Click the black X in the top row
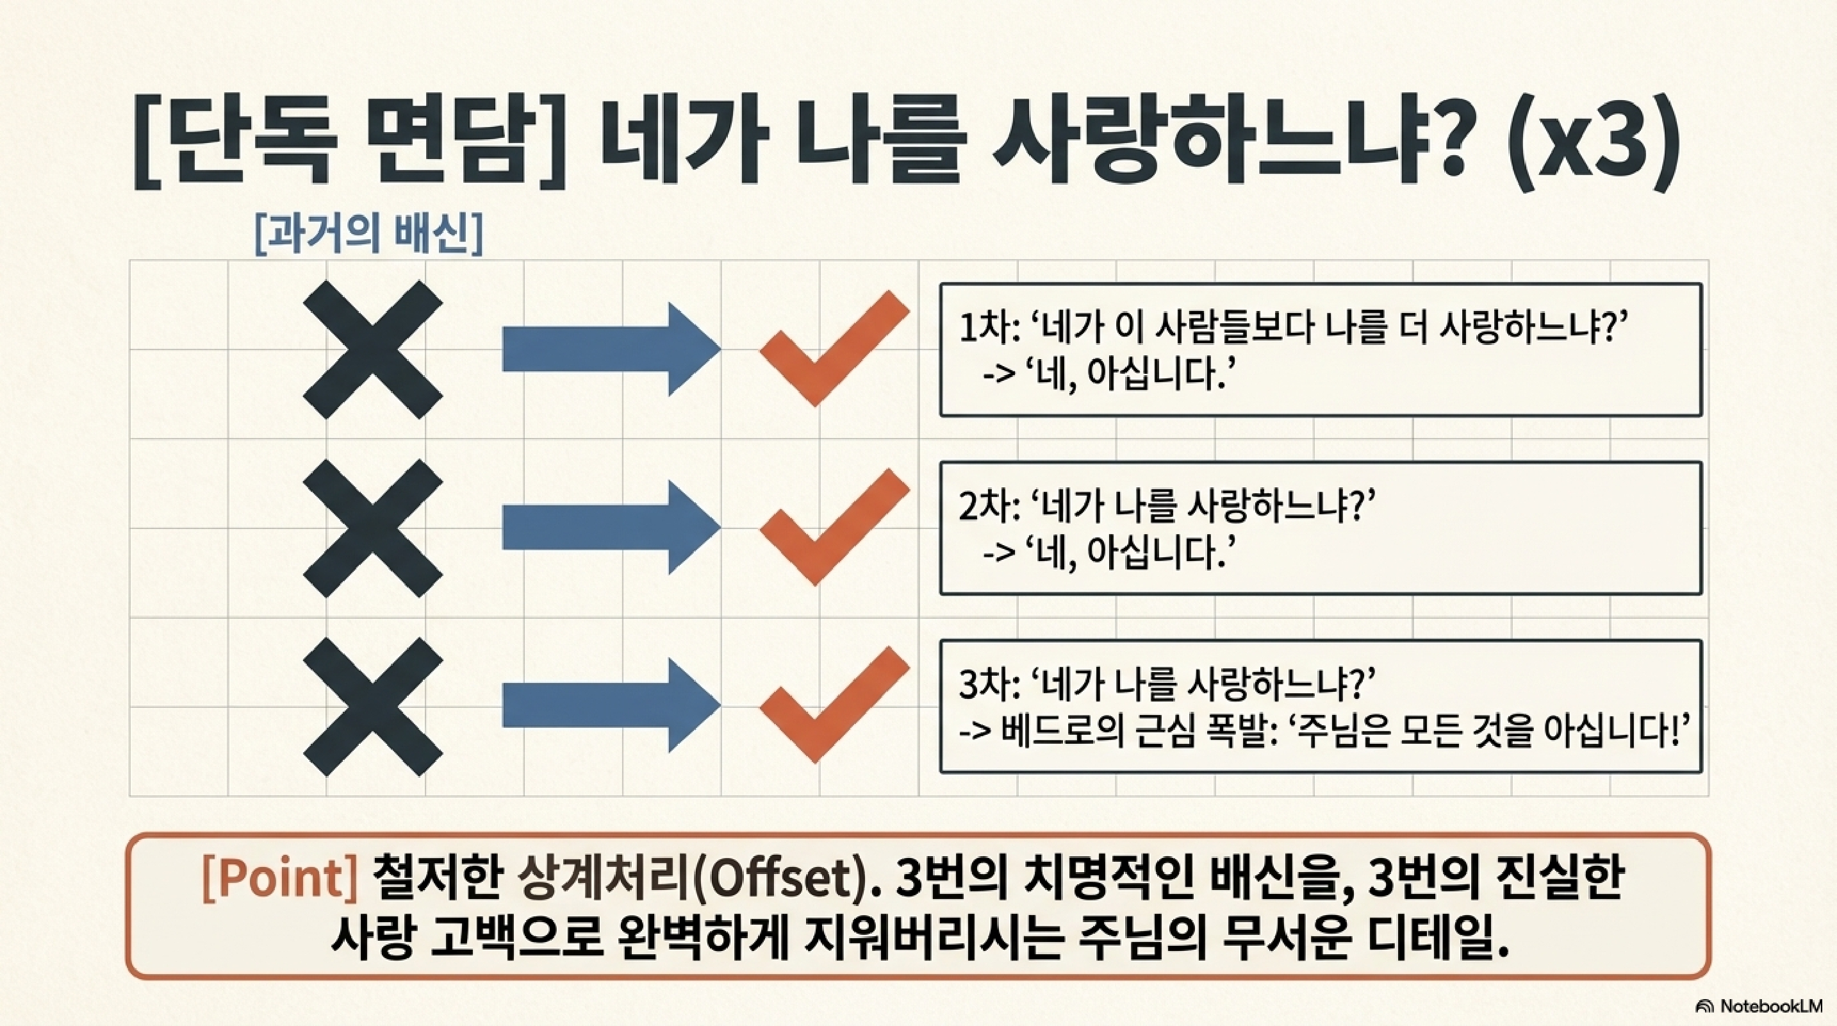click(x=373, y=349)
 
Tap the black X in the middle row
click(x=373, y=528)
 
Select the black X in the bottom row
click(x=373, y=707)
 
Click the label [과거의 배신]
click(x=368, y=235)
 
